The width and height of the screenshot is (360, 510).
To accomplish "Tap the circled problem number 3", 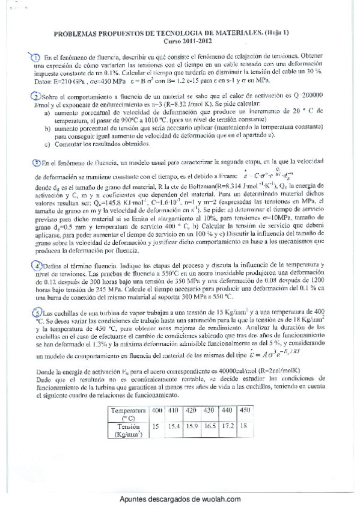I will [x=35, y=162].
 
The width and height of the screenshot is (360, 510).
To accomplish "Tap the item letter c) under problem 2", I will [x=47, y=144].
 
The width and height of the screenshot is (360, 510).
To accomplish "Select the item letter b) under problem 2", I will [x=47, y=128].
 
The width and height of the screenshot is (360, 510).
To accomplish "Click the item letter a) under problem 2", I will [x=47, y=112].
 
